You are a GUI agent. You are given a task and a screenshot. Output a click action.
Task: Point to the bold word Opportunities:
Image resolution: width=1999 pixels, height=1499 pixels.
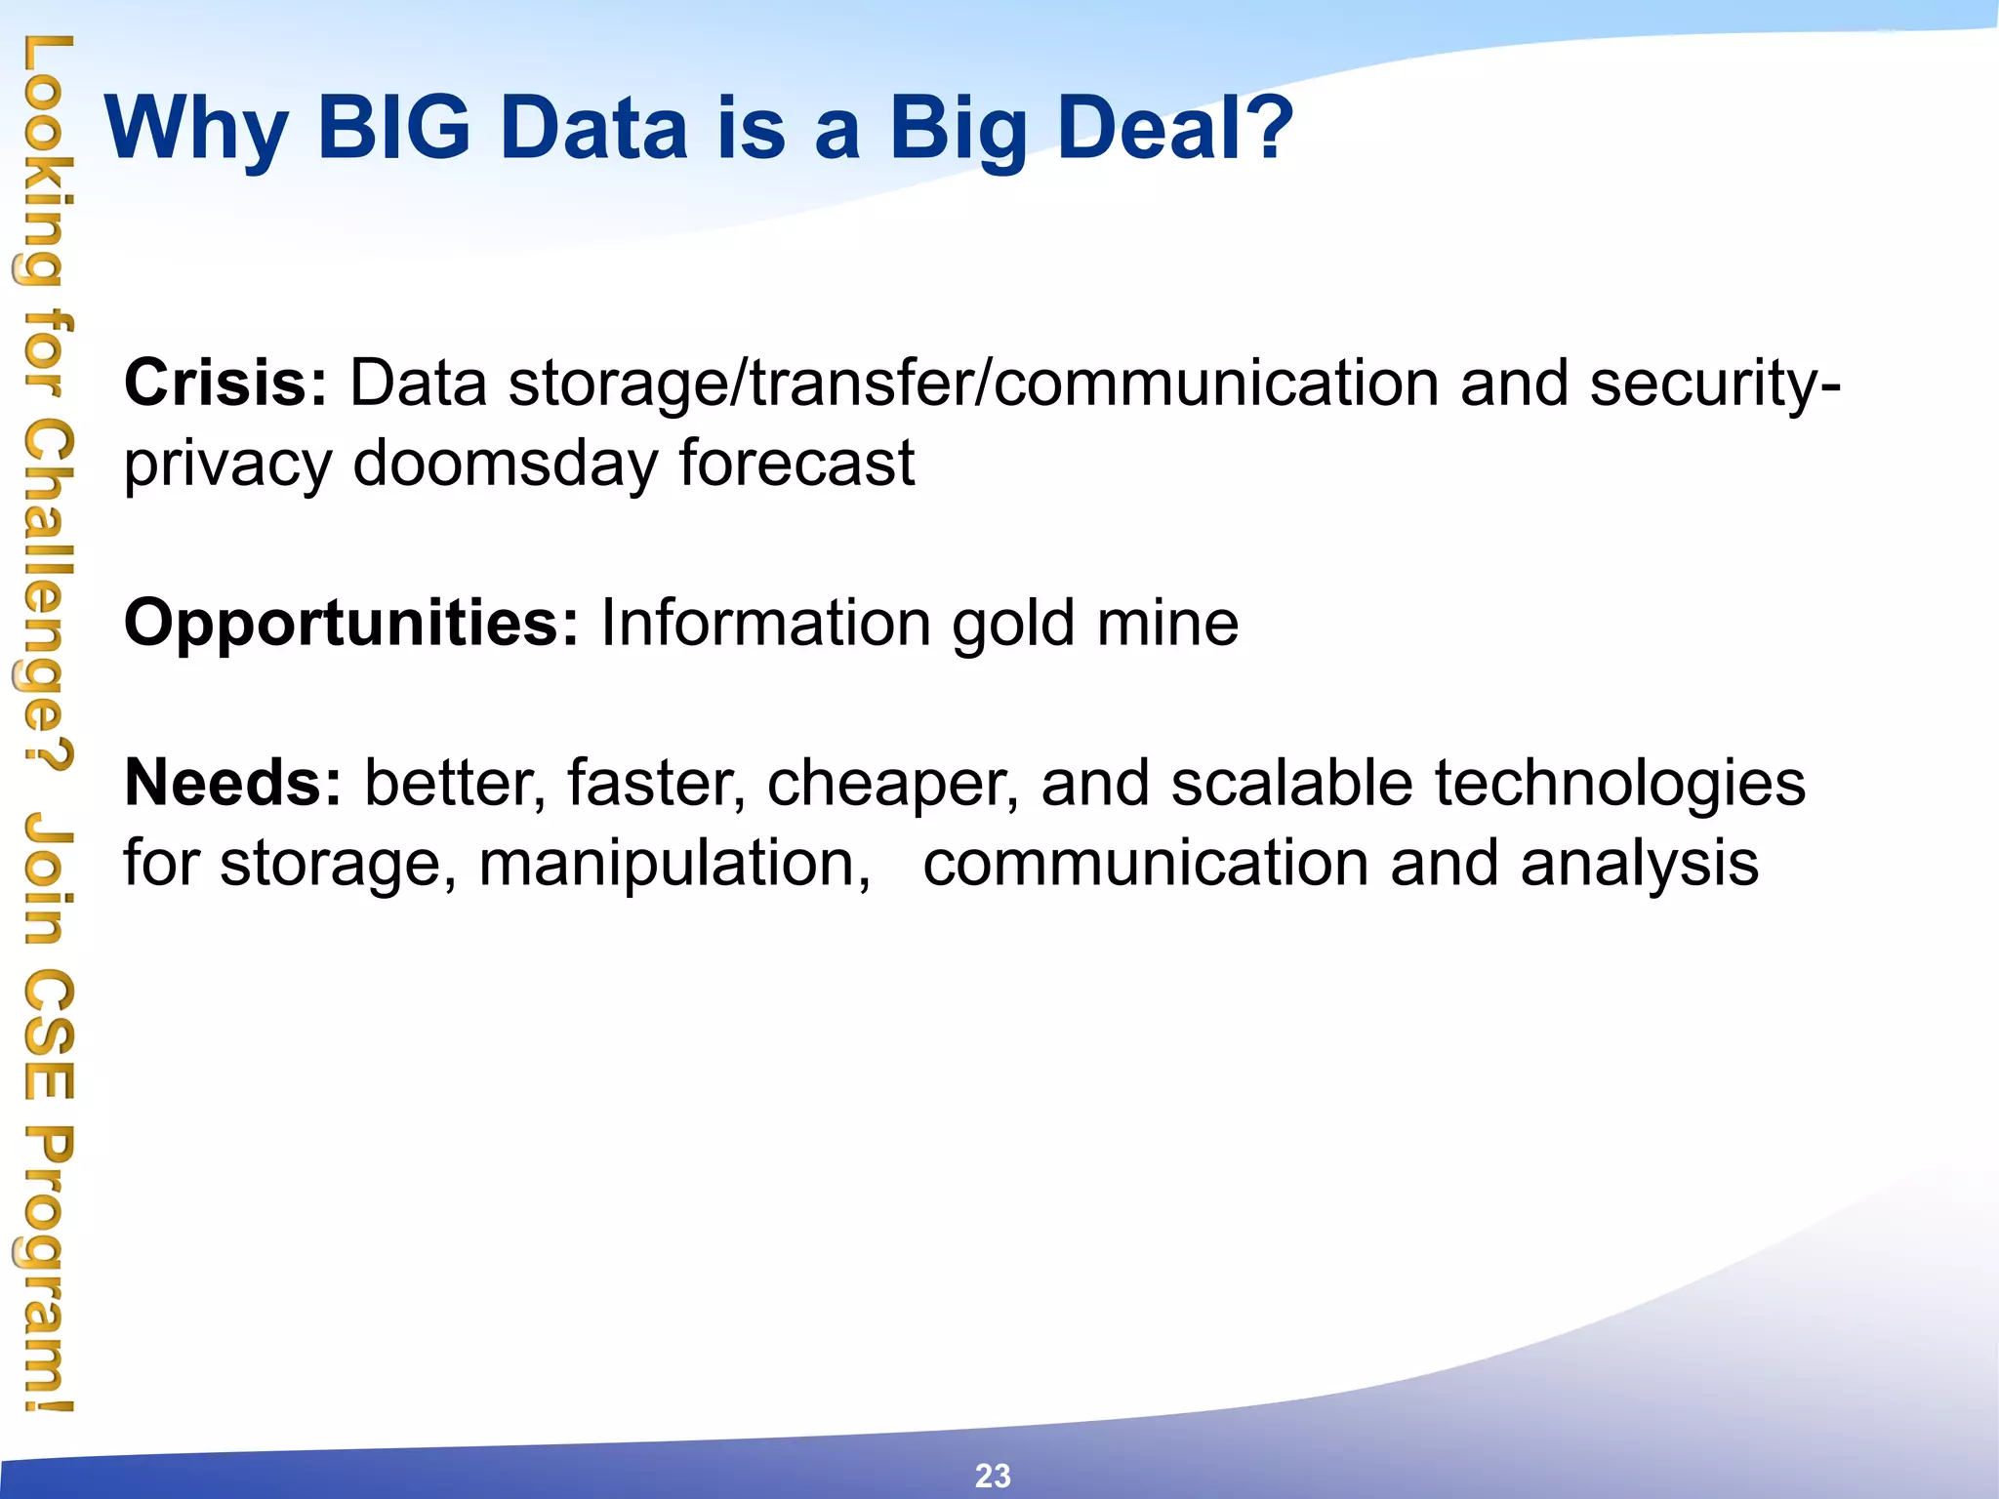coord(351,623)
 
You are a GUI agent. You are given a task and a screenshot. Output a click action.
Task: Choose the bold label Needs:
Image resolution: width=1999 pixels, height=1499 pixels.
coord(233,783)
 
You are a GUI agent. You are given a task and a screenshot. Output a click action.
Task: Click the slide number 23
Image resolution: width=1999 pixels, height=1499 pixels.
coord(993,1475)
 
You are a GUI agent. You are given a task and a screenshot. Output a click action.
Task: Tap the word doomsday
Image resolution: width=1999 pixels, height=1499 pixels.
coord(505,464)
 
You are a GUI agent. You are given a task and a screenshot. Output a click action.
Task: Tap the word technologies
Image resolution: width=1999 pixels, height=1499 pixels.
coord(1619,785)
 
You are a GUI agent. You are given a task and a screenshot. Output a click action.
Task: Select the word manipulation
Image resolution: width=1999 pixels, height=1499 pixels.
coord(673,865)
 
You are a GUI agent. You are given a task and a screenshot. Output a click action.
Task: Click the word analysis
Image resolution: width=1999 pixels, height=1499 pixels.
coord(1639,865)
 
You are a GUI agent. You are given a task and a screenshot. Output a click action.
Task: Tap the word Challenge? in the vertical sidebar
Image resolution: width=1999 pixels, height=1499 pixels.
coord(45,596)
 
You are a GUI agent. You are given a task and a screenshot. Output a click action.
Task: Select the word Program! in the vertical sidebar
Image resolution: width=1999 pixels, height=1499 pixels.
coord(45,1269)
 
